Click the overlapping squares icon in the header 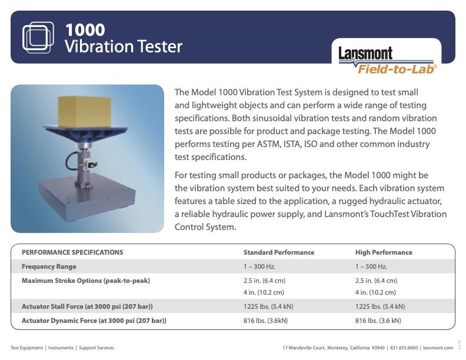[x=38, y=36]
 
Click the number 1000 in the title [x=85, y=29]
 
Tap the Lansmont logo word [x=365, y=54]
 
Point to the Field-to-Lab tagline [x=397, y=69]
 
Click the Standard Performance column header [x=279, y=252]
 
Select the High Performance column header [x=384, y=252]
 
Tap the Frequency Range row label [x=49, y=266]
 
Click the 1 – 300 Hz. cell [x=260, y=266]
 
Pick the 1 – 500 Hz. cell [x=372, y=266]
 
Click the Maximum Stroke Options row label [x=86, y=281]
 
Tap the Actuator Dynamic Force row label [x=94, y=321]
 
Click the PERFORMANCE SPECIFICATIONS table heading [x=72, y=252]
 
